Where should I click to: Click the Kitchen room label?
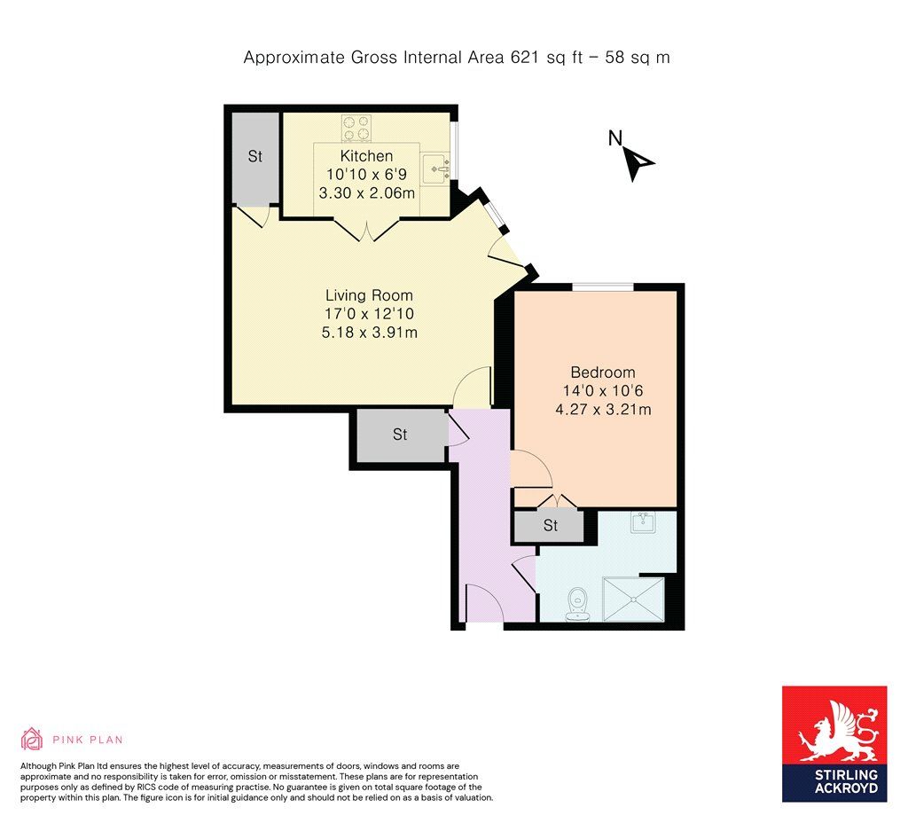coord(366,156)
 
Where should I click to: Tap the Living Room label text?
coord(369,295)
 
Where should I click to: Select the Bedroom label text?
coord(602,372)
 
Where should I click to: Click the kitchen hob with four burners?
coord(356,129)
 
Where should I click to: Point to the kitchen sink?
coord(434,167)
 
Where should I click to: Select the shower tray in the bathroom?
coord(632,598)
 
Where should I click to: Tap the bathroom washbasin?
coord(643,522)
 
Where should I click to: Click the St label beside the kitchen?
coord(255,157)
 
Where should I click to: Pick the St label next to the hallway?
coord(400,435)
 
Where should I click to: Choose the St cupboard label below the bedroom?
coord(550,526)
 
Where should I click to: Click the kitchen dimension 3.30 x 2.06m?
coord(366,192)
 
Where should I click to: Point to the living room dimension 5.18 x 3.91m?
coord(369,333)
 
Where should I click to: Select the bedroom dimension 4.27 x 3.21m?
coord(602,410)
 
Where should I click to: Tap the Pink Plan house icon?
coord(32,739)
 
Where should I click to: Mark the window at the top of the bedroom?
coord(602,286)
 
